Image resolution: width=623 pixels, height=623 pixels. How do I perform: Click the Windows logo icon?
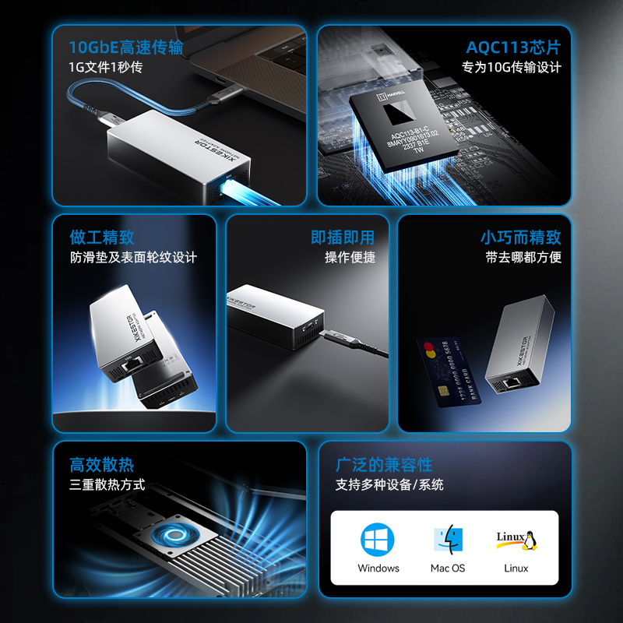(x=378, y=539)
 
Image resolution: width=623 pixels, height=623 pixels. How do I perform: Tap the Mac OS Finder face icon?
(x=448, y=539)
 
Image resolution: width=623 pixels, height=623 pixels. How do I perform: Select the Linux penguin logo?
(x=517, y=539)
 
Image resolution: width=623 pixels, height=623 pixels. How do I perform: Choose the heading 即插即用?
(x=343, y=237)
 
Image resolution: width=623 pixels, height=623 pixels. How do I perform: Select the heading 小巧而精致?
(x=520, y=237)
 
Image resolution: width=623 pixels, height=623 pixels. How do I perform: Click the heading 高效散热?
(x=102, y=465)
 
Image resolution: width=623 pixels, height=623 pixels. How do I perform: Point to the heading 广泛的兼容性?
(x=384, y=465)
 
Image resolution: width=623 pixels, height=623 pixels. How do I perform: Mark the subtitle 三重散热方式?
(x=107, y=484)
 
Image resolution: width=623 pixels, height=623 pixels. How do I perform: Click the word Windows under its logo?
(x=378, y=568)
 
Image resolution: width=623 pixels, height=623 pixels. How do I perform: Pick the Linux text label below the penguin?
(x=516, y=568)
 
